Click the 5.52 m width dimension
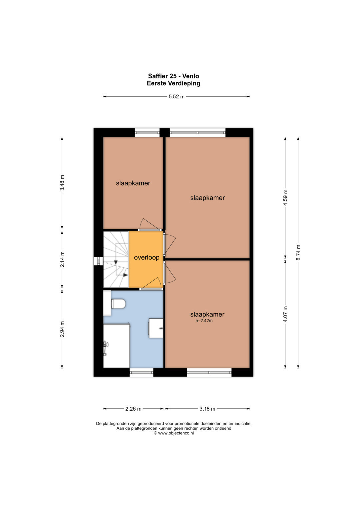coord(176,97)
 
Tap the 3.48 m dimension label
coord(62,183)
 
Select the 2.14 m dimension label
coord(62,259)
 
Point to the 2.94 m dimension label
coord(62,329)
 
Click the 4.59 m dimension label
coord(285,197)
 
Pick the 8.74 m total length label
coord(298,252)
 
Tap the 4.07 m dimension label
coord(285,314)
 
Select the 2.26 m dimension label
coord(133,409)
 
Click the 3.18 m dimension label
coord(207,409)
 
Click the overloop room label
coord(147,257)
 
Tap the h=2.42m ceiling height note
coord(204,321)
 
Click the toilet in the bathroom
coord(118,304)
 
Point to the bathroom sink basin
coord(156,328)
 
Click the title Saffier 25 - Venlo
coord(173,76)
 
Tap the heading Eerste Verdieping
coord(173,83)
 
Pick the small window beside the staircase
coord(98,261)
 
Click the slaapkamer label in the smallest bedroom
coord(133,183)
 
